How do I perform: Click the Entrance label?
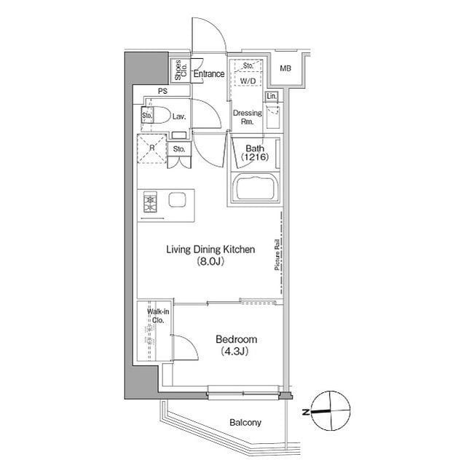click(209, 73)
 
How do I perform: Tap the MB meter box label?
click(285, 68)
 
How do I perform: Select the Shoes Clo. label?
click(181, 70)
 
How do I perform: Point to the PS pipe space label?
click(162, 92)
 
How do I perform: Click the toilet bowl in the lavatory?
click(159, 115)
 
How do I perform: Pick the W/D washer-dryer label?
click(248, 81)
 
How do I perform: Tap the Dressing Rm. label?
click(248, 117)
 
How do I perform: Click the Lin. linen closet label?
click(272, 96)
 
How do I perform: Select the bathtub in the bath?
click(255, 188)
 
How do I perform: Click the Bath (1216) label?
click(255, 153)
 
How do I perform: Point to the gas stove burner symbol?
click(150, 202)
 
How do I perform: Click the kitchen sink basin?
click(178, 199)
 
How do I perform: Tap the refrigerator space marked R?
click(152, 148)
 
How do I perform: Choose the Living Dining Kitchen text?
click(210, 250)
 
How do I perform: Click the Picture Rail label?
click(277, 255)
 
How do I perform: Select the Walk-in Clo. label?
click(158, 316)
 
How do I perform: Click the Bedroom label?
click(236, 339)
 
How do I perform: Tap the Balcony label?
click(245, 422)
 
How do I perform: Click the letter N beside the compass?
click(306, 412)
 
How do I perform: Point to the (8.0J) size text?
click(210, 261)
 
